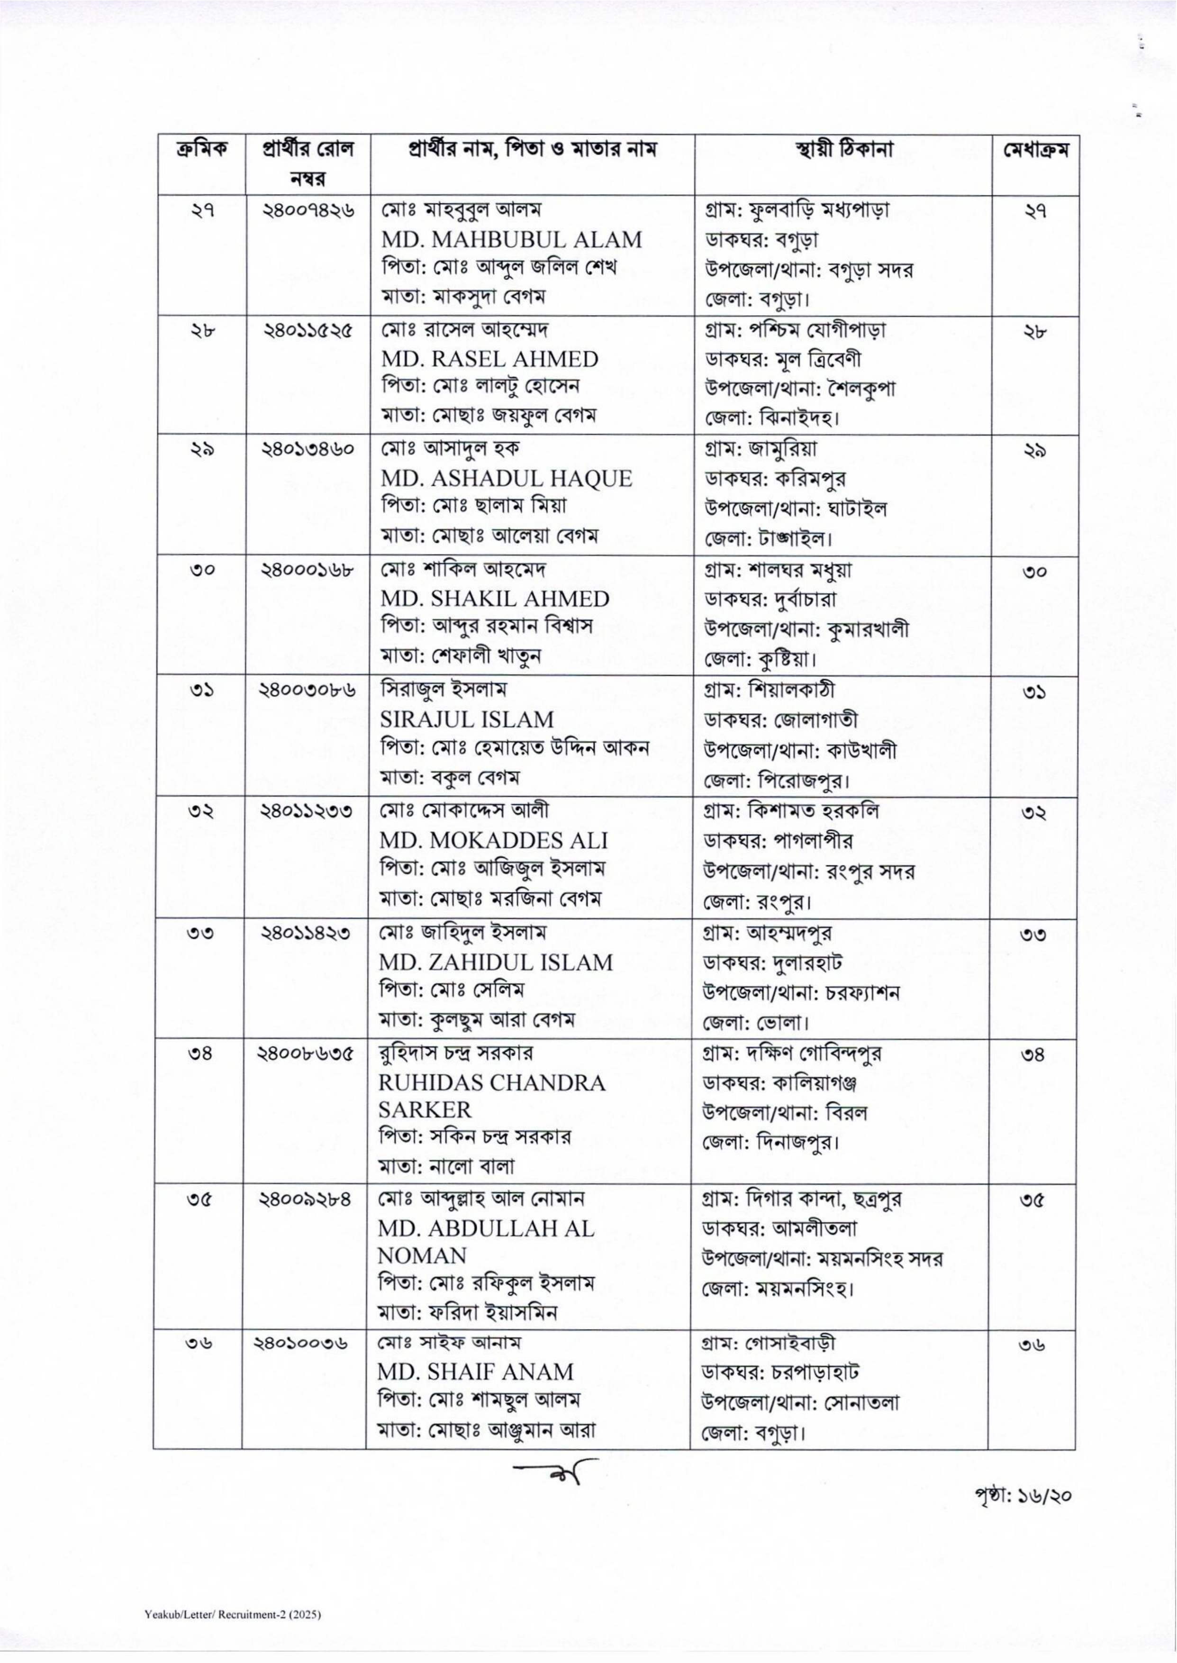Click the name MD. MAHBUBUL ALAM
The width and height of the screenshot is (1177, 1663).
click(511, 239)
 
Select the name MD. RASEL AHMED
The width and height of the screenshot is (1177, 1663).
click(489, 360)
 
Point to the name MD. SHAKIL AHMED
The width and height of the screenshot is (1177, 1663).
click(494, 599)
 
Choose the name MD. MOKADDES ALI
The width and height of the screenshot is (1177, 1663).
click(493, 840)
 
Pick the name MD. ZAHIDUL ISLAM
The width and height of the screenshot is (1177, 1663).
click(496, 962)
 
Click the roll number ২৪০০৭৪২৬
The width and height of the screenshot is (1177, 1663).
click(308, 211)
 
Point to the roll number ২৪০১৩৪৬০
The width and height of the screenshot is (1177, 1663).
click(308, 450)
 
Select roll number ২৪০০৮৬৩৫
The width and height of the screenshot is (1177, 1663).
click(308, 1054)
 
